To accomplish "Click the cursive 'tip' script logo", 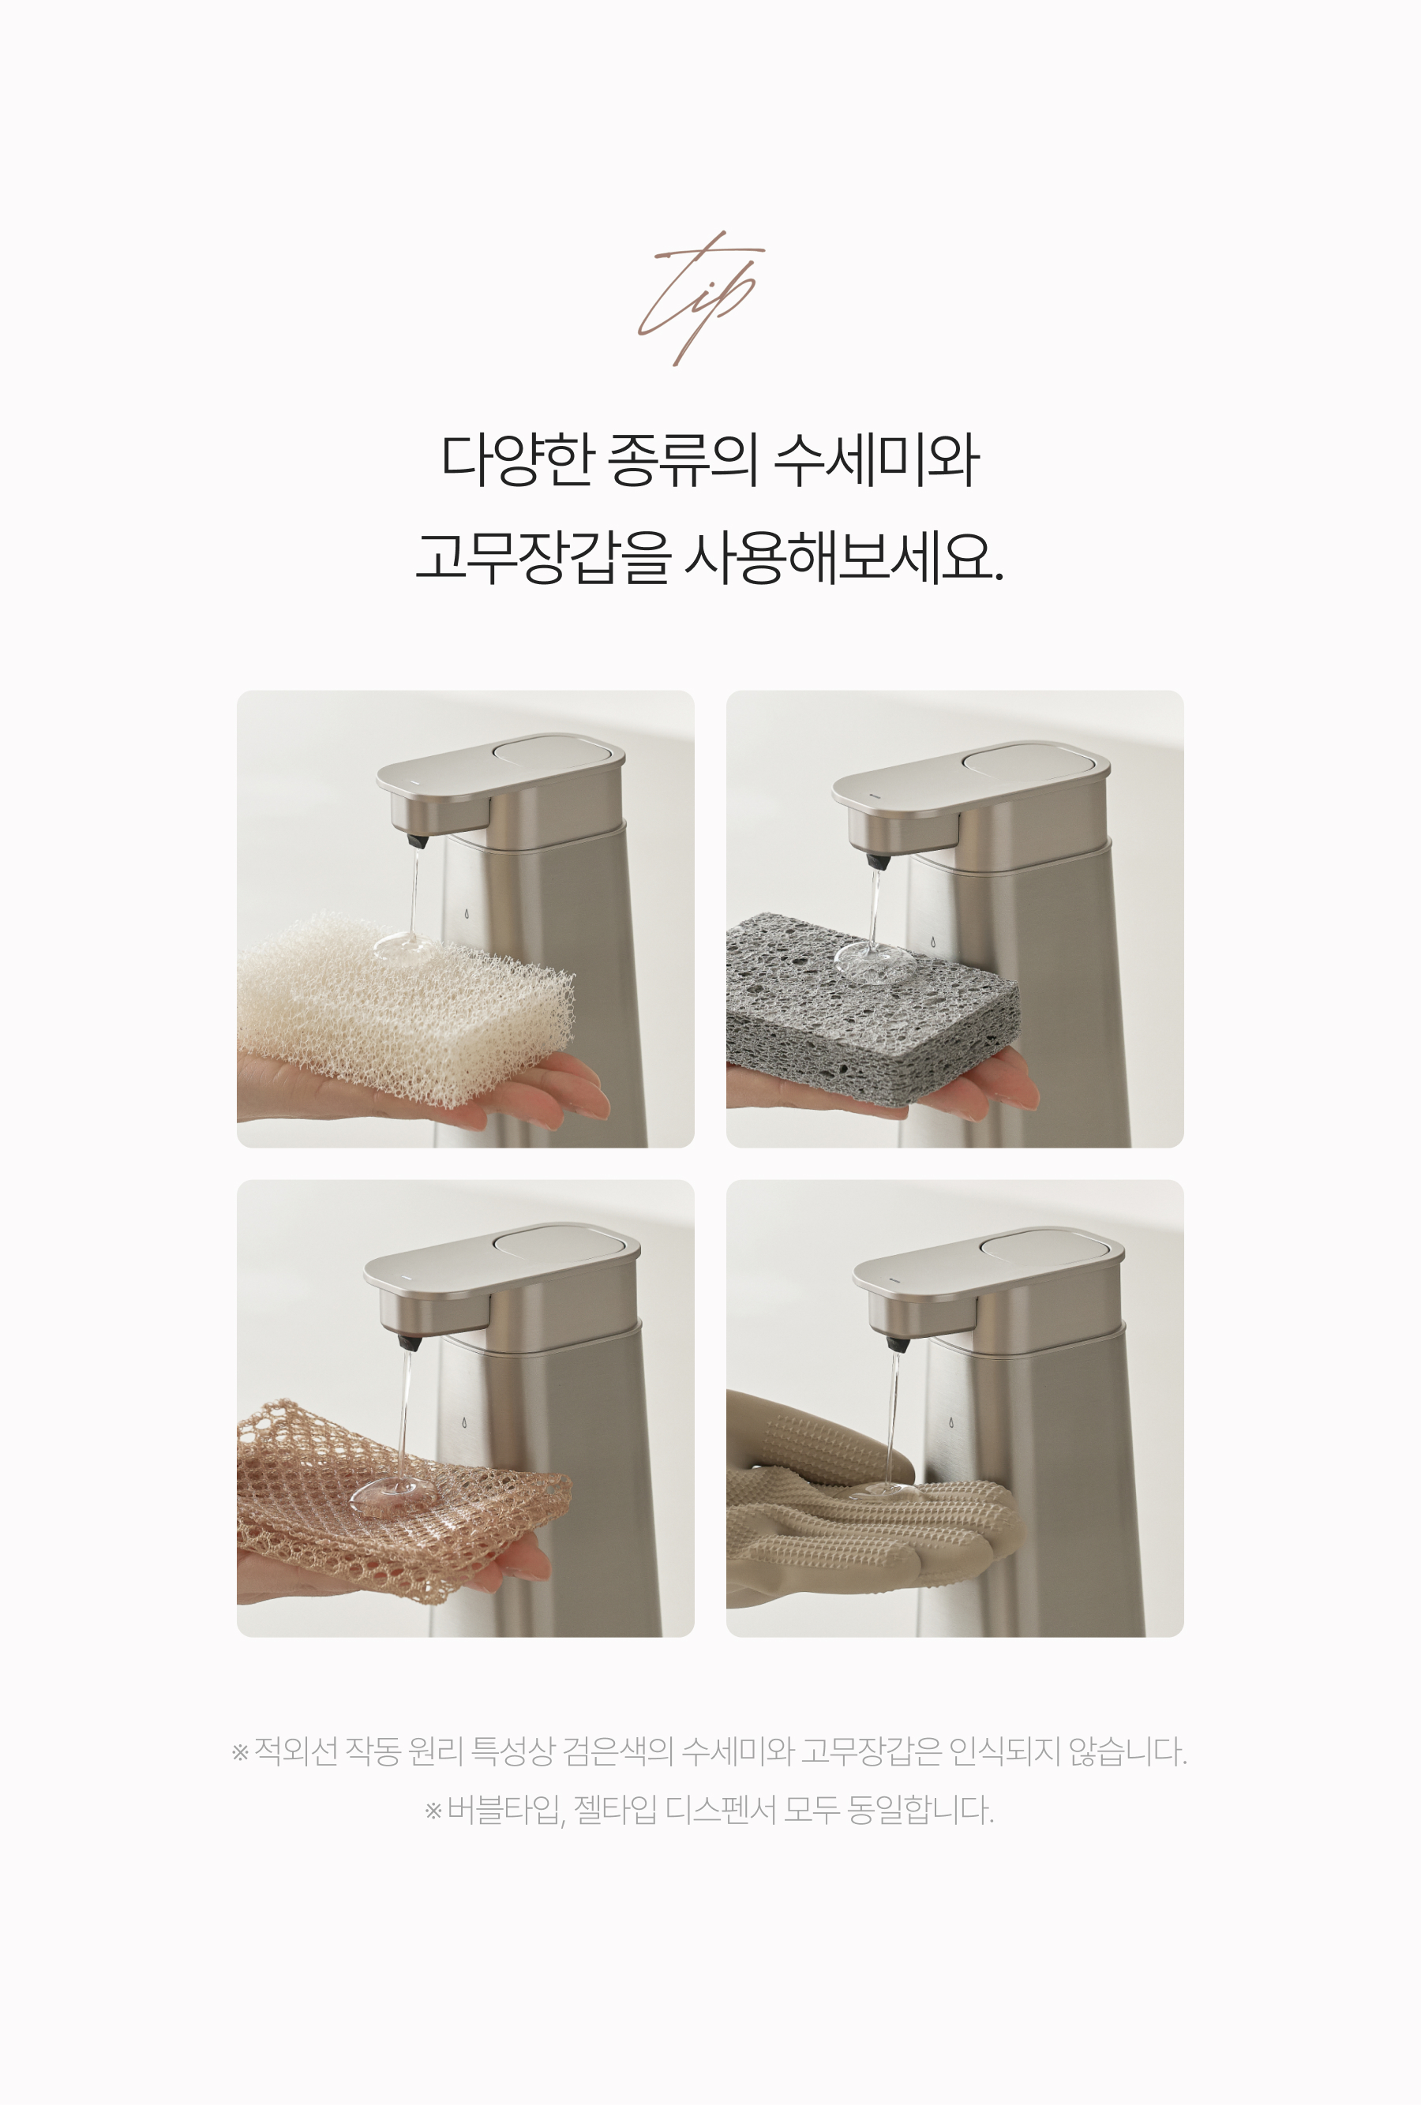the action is click(699, 298).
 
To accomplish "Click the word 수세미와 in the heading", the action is click(875, 460).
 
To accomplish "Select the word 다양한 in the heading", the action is click(516, 459).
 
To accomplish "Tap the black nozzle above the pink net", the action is click(411, 1339).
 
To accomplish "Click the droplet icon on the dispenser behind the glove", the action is click(951, 1423).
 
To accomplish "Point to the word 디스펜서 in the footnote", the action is click(720, 1811).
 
